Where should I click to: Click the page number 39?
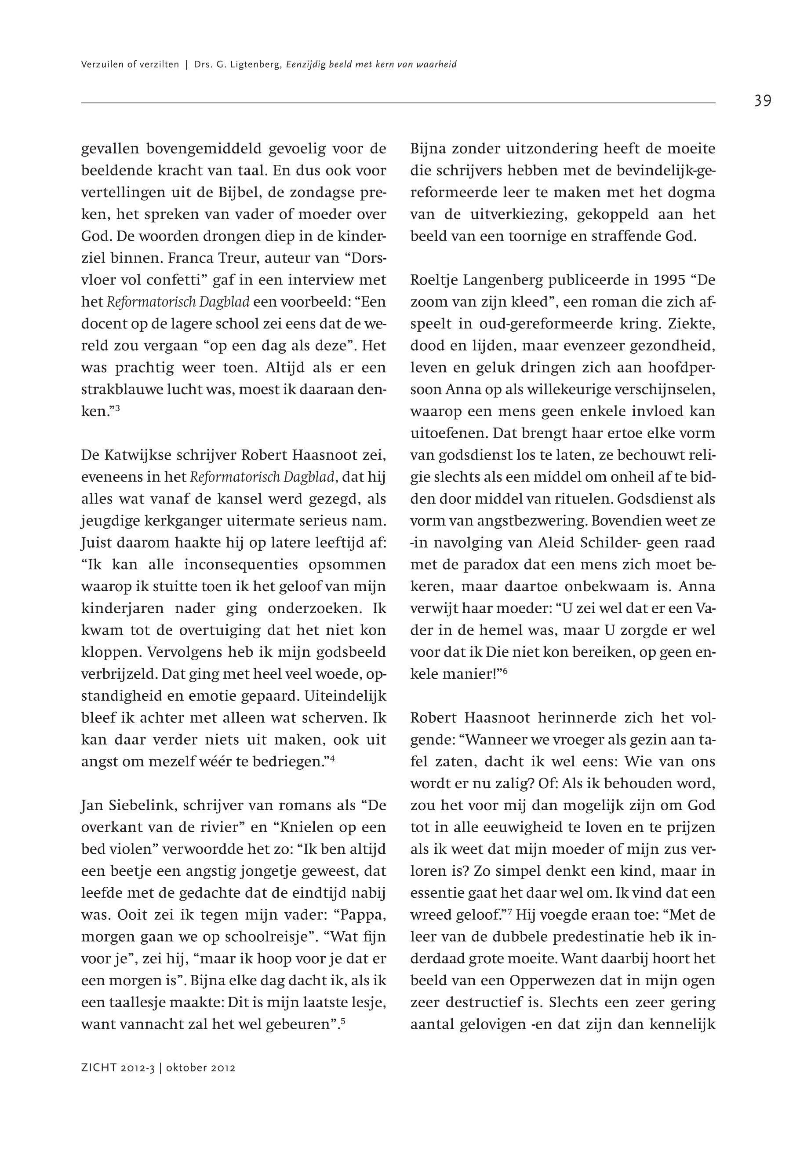(762, 101)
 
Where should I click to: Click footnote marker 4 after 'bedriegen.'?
(332, 759)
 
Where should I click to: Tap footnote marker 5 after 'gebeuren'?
(343, 1019)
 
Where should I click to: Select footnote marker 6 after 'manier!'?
(506, 672)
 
